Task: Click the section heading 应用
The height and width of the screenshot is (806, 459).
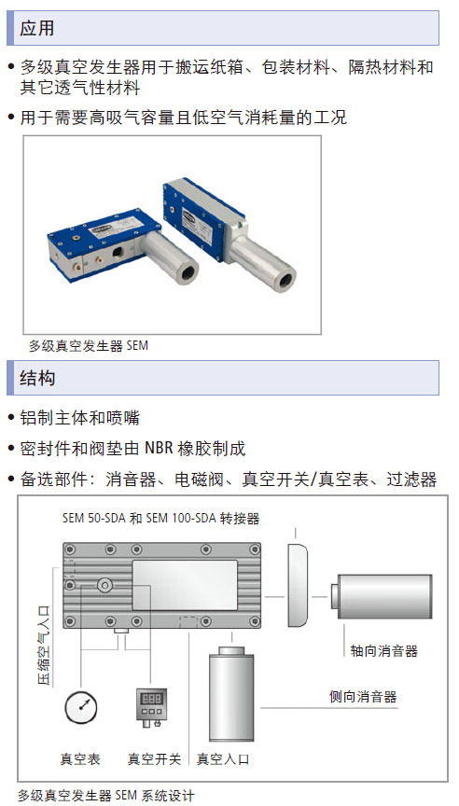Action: pyautogui.click(x=36, y=28)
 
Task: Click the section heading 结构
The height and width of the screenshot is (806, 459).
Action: pyautogui.click(x=37, y=378)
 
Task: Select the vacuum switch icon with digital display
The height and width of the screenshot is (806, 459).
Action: pyautogui.click(x=151, y=708)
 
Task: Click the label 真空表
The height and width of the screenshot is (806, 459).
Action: pyautogui.click(x=80, y=758)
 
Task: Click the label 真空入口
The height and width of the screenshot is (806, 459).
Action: pyautogui.click(x=223, y=758)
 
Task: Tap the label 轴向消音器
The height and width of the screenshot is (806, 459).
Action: pyautogui.click(x=384, y=651)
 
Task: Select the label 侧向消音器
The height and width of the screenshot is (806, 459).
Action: pyautogui.click(x=363, y=697)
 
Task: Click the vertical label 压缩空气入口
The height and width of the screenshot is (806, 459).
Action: pyautogui.click(x=44, y=646)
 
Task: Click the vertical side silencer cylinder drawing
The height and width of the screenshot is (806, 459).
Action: pyautogui.click(x=231, y=693)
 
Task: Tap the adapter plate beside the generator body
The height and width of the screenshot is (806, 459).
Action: pyautogui.click(x=297, y=585)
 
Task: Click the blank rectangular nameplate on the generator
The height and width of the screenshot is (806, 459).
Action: pyautogui.click(x=185, y=586)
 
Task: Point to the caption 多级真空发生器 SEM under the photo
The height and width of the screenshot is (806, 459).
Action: pyautogui.click(x=89, y=345)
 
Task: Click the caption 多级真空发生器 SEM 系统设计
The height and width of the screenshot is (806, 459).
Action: pyautogui.click(x=106, y=796)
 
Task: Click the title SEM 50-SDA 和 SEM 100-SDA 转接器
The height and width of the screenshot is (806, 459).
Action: pyautogui.click(x=160, y=518)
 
